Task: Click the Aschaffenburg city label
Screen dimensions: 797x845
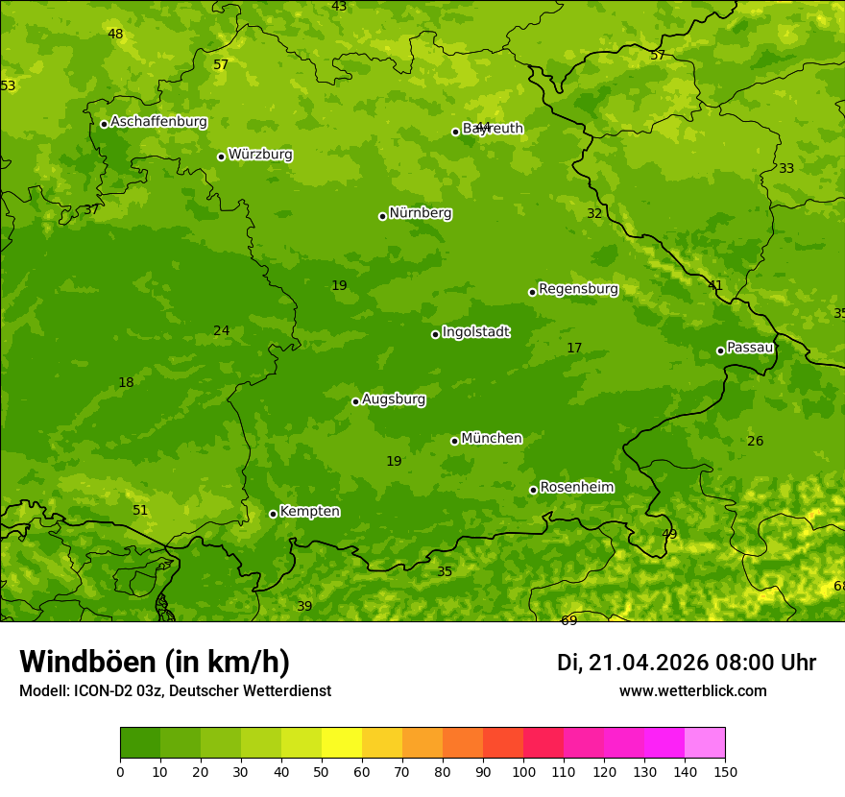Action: (x=158, y=122)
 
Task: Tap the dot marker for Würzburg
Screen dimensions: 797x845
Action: (x=221, y=157)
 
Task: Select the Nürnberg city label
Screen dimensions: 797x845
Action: (x=420, y=213)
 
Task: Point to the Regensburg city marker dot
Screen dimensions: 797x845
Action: (x=532, y=292)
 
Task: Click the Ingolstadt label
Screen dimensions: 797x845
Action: (x=475, y=332)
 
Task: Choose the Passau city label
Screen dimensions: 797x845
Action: (x=749, y=348)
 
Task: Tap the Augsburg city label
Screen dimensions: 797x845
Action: (x=394, y=399)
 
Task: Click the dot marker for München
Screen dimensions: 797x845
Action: (x=454, y=441)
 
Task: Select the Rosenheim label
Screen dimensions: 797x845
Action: (x=576, y=488)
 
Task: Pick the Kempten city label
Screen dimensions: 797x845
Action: (x=309, y=512)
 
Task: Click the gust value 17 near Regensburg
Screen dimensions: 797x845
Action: (x=574, y=348)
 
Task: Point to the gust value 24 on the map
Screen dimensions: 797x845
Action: (x=221, y=330)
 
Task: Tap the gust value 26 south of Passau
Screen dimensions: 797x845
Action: (x=755, y=441)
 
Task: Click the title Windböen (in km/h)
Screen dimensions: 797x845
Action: (x=154, y=662)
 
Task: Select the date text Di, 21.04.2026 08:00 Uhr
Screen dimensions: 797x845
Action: (x=687, y=663)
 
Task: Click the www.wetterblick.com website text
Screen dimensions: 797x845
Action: (x=692, y=690)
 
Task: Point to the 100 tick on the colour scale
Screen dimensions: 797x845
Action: (x=523, y=772)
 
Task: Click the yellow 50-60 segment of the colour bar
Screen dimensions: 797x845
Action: (x=342, y=742)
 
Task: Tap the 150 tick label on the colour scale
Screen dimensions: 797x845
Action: (x=725, y=772)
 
